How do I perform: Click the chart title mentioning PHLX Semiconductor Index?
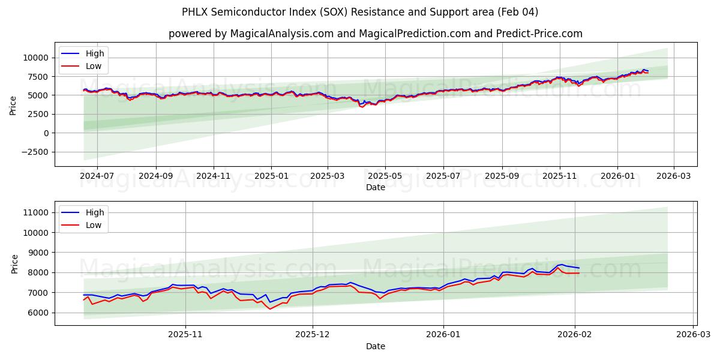(x=360, y=12)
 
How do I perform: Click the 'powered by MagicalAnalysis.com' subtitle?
(x=375, y=34)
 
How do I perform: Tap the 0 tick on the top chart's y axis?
(x=46, y=133)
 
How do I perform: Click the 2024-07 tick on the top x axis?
(x=97, y=177)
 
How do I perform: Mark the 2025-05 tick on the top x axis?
(x=385, y=177)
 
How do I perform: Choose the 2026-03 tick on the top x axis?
(x=673, y=177)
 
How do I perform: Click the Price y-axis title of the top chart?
(x=13, y=104)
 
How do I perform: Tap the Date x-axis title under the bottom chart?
(x=376, y=346)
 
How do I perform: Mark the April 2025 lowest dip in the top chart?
(x=362, y=107)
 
